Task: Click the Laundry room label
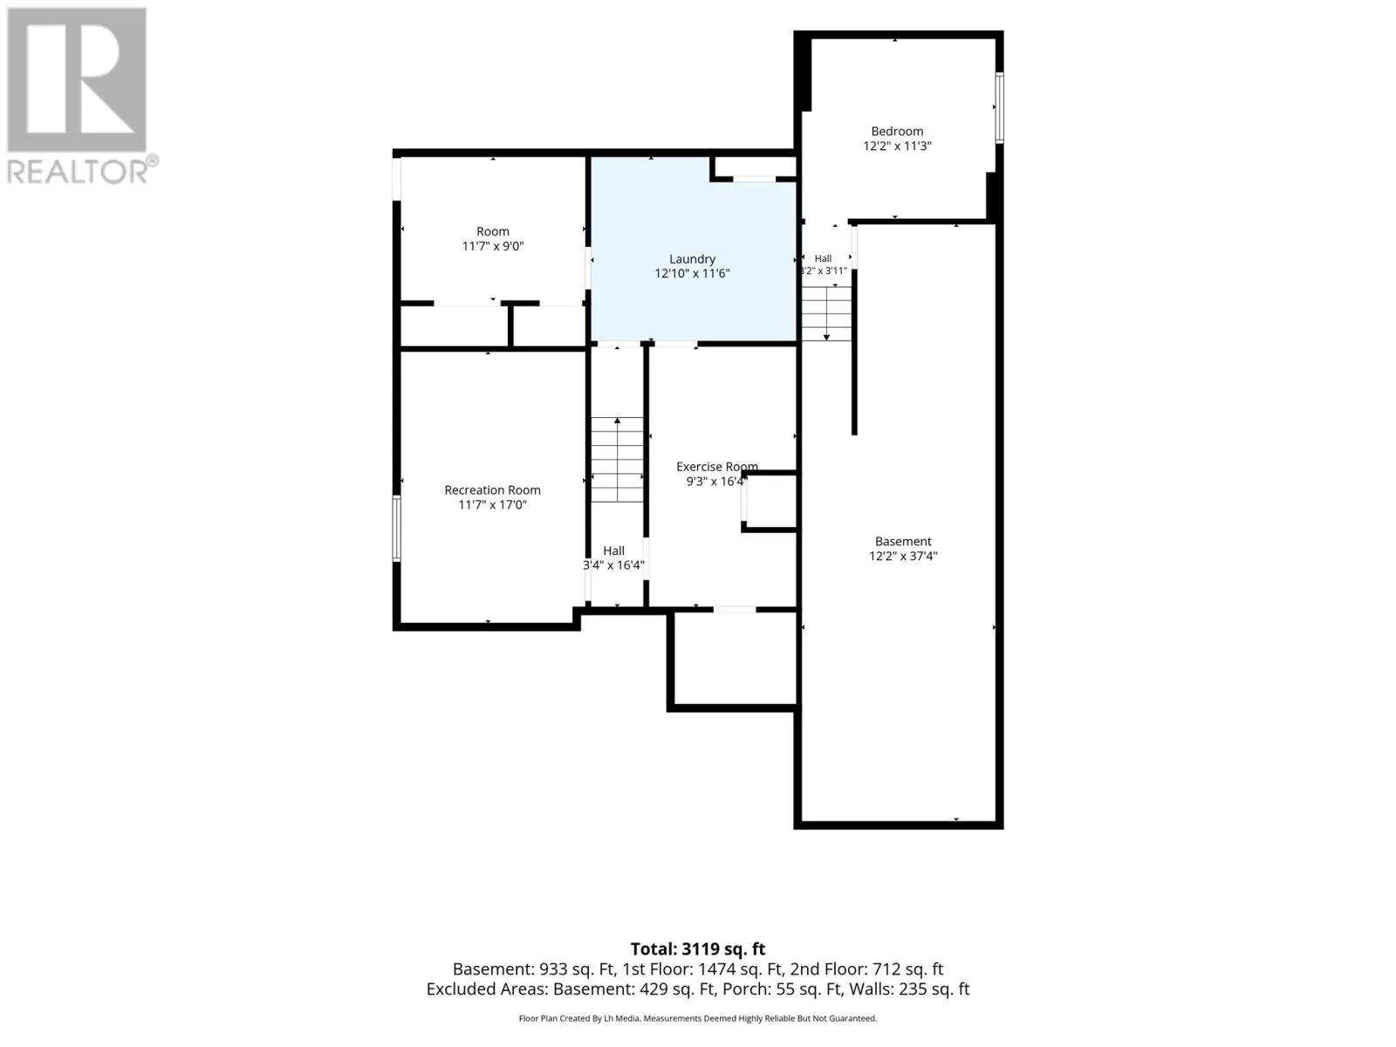tap(692, 259)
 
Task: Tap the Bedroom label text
tap(897, 132)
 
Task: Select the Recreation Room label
tap(492, 490)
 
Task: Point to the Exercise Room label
tap(717, 467)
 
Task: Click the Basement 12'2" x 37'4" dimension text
tap(903, 557)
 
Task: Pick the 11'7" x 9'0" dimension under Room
tap(492, 246)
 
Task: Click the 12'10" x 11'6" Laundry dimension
tap(692, 273)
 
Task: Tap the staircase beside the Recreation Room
tap(617, 460)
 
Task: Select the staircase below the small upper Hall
tap(826, 313)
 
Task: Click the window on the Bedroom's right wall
tap(999, 107)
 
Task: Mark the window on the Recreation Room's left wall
tap(396, 528)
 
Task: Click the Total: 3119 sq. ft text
tap(698, 949)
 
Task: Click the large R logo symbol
tap(76, 79)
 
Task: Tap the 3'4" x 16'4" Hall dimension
tap(613, 565)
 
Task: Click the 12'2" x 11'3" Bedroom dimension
tap(897, 147)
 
